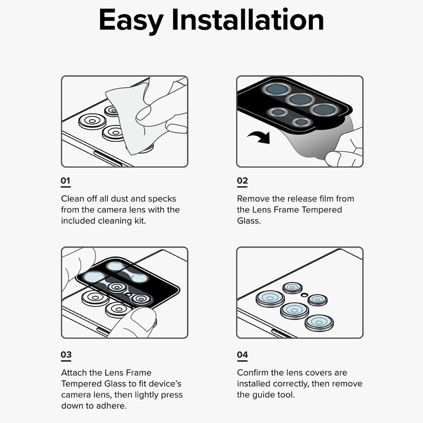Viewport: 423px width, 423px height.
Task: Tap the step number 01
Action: click(x=65, y=180)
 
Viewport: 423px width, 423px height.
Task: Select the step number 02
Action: click(x=242, y=180)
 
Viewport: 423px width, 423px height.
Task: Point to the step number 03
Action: click(x=66, y=354)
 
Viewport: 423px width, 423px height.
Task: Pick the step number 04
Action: click(x=242, y=354)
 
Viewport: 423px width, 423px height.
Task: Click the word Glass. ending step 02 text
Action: click(x=249, y=221)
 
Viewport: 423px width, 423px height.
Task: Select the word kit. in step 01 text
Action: click(x=140, y=221)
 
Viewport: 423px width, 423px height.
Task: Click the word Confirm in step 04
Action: click(x=253, y=373)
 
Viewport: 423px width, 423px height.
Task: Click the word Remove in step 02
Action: click(x=253, y=199)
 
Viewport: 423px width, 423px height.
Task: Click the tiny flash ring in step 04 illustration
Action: click(x=304, y=295)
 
